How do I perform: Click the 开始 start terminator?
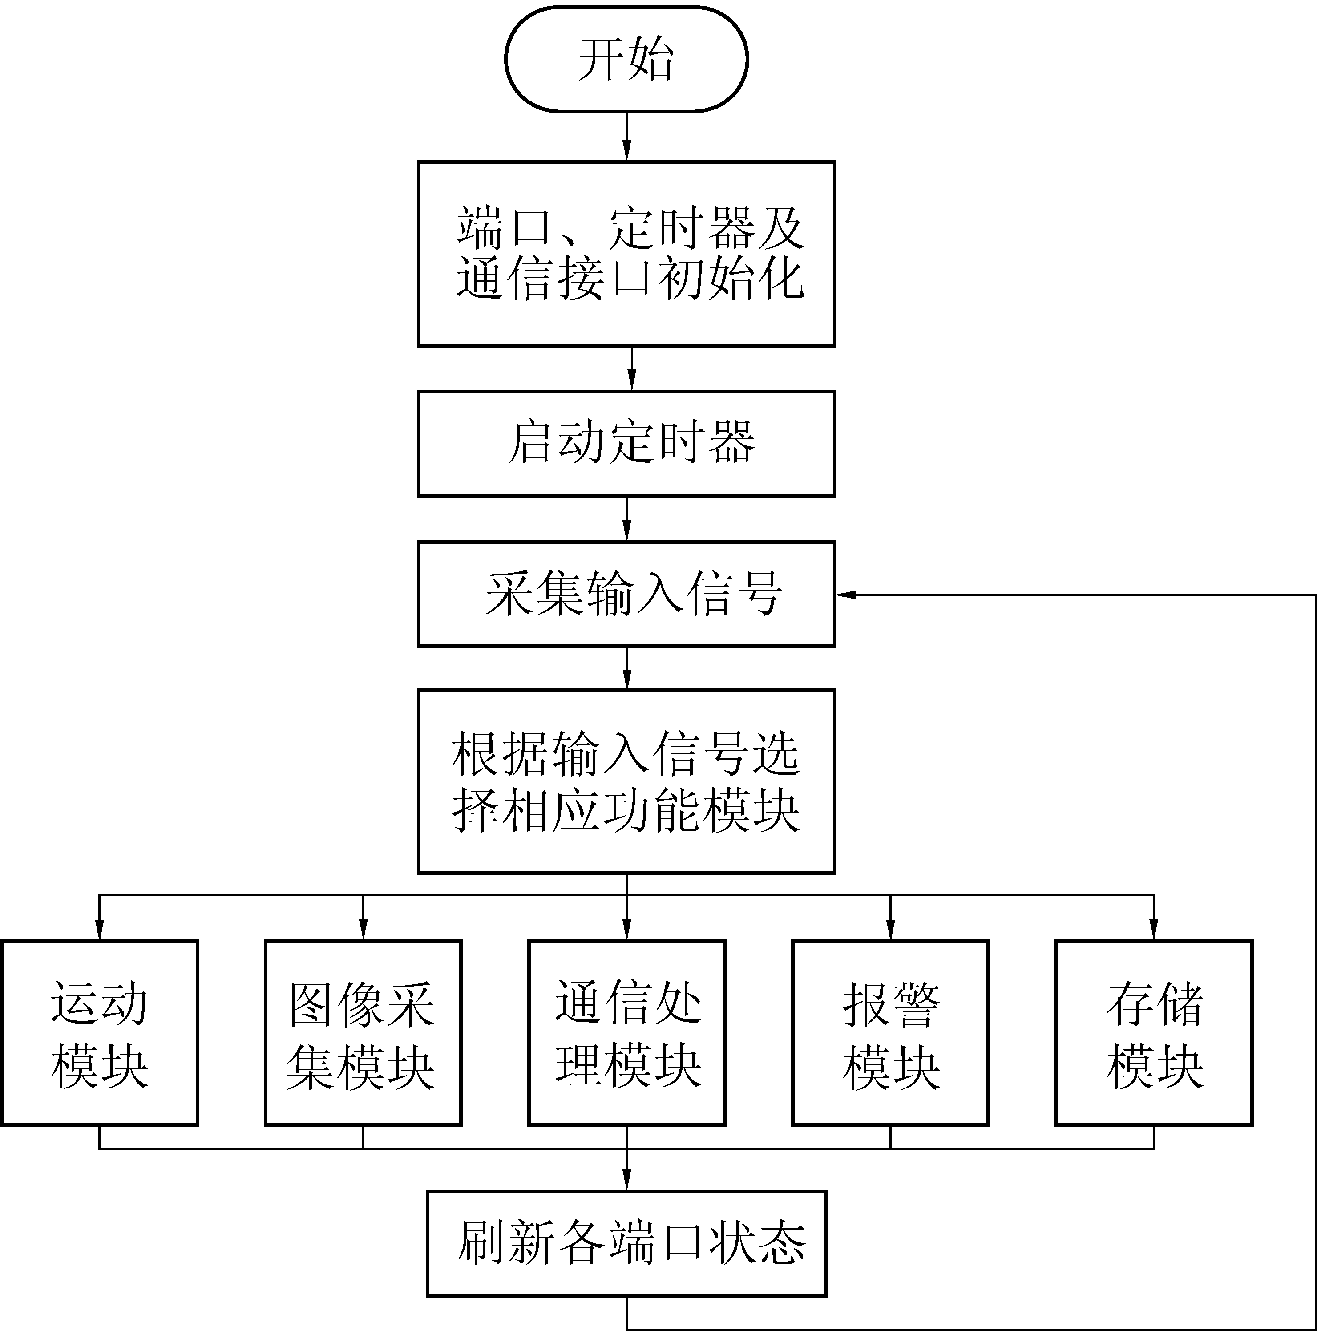pyautogui.click(x=626, y=59)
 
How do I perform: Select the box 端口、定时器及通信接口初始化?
pyautogui.click(x=626, y=254)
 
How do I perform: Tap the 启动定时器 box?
pyautogui.click(x=626, y=444)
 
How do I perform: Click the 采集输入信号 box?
pyautogui.click(x=626, y=594)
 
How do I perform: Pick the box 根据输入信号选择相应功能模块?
pyautogui.click(x=626, y=781)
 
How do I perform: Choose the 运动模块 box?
pyautogui.click(x=100, y=1033)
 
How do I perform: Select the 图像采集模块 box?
pyautogui.click(x=363, y=1033)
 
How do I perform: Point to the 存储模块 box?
pyautogui.click(x=1154, y=1033)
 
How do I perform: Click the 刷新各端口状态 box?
pyautogui.click(x=626, y=1243)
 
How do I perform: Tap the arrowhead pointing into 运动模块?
pyautogui.click(x=100, y=931)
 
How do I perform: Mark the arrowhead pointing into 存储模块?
pyautogui.click(x=1154, y=931)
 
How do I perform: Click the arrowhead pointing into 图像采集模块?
pyautogui.click(x=363, y=931)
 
